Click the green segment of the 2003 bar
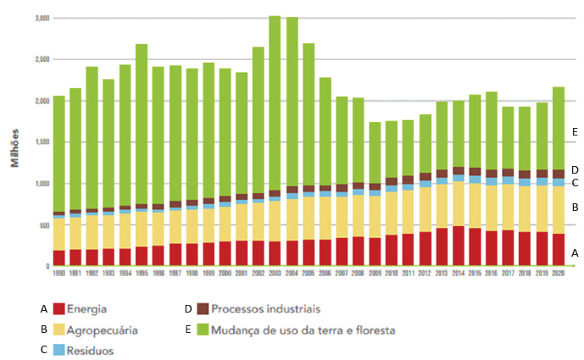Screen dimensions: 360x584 pyautogui.click(x=275, y=102)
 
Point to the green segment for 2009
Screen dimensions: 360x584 pyautogui.click(x=375, y=152)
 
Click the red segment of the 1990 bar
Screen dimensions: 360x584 pyautogui.click(x=59, y=258)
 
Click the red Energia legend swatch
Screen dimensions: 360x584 pyautogui.click(x=59, y=308)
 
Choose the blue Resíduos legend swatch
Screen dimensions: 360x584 pyautogui.click(x=59, y=349)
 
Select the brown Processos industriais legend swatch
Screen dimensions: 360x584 pyautogui.click(x=203, y=308)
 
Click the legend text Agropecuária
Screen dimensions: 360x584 pyautogui.click(x=103, y=329)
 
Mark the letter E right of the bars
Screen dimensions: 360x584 pyautogui.click(x=575, y=132)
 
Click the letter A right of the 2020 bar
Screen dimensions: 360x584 pyautogui.click(x=575, y=252)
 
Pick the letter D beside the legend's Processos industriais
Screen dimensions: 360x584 pyautogui.click(x=187, y=308)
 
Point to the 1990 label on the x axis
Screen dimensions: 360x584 pyautogui.click(x=59, y=274)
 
